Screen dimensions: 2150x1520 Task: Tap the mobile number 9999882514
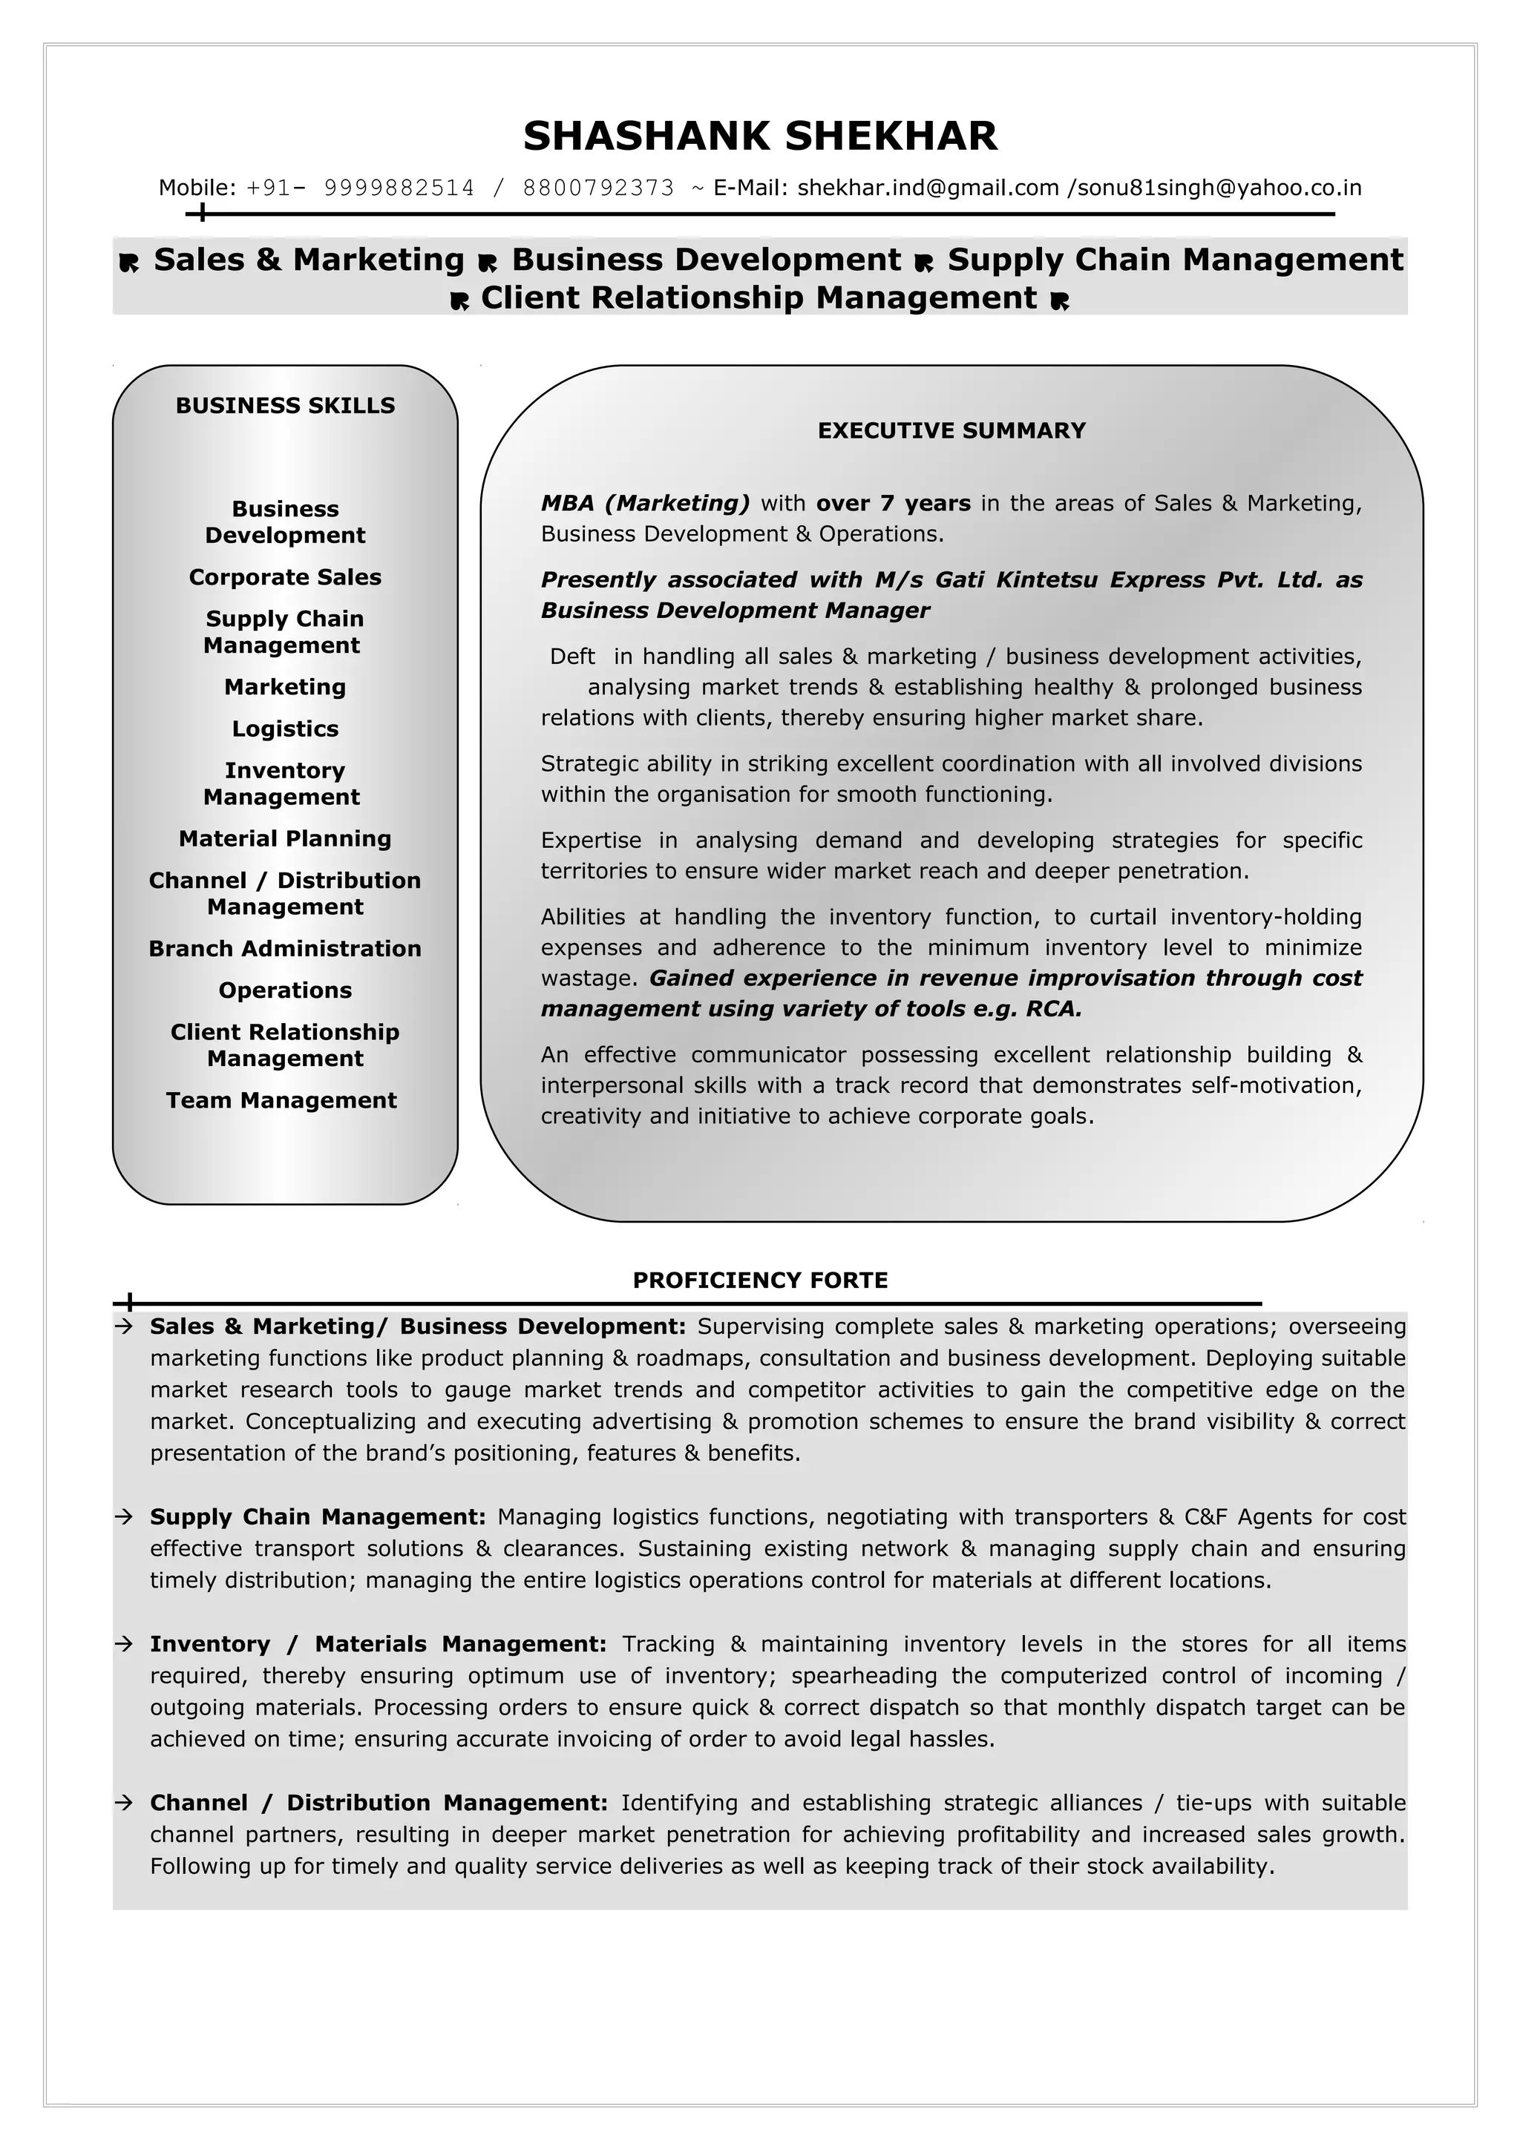point(399,188)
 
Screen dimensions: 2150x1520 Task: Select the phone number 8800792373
point(597,188)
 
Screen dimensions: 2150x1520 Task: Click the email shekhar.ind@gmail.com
point(927,188)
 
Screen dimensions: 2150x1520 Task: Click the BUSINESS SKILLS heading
point(285,406)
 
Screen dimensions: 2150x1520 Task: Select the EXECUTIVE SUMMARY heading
point(951,431)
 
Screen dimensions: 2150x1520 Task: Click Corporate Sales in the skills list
point(285,577)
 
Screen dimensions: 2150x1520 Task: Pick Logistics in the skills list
point(285,729)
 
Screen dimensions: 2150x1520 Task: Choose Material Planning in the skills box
point(285,838)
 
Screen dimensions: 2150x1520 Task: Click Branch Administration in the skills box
point(285,949)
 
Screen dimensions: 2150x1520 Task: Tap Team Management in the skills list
point(281,1100)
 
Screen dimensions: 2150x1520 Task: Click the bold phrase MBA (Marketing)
point(645,504)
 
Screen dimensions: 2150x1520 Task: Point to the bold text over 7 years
point(893,504)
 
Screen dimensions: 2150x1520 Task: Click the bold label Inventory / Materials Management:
point(379,1644)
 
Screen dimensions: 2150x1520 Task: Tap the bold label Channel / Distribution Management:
point(379,1803)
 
